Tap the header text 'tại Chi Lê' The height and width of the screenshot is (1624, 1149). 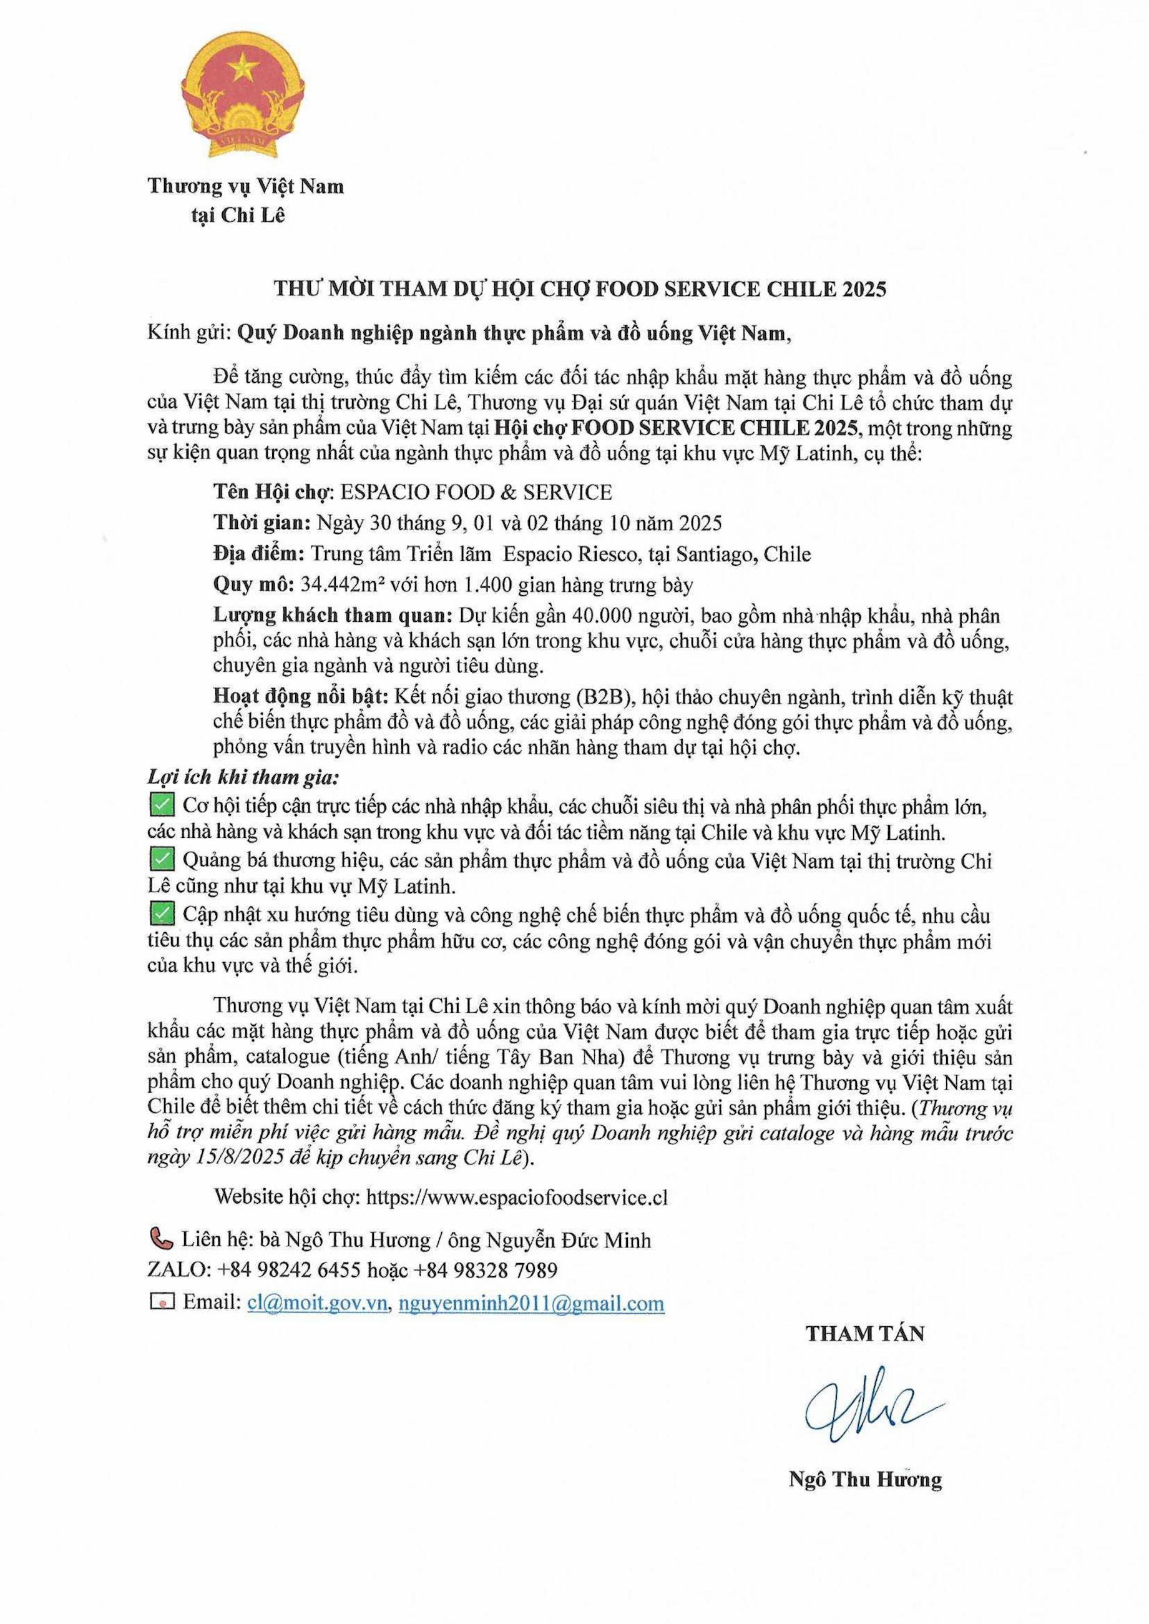coord(238,216)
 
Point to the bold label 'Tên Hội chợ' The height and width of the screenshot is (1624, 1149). coord(263,492)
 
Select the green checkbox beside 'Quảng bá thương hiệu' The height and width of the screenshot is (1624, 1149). coord(162,860)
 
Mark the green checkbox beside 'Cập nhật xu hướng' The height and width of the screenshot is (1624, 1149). coord(162,914)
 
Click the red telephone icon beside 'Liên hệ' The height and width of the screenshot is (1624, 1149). coord(161,1238)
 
